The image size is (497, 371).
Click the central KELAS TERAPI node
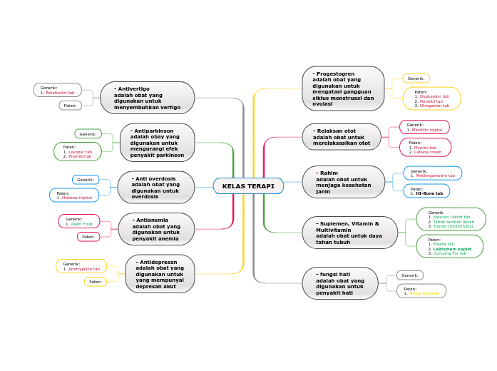pyautogui.click(x=248, y=186)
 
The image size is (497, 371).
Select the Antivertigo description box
pyautogui.click(x=147, y=98)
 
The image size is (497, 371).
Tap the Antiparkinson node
pyautogui.click(x=157, y=143)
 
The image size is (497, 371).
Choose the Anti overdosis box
pyautogui.click(x=155, y=187)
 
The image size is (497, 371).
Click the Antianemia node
pyautogui.click(x=155, y=229)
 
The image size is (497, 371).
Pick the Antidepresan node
pyautogui.click(x=160, y=274)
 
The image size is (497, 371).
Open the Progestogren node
pyautogui.click(x=343, y=88)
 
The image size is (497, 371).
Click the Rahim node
pyautogui.click(x=343, y=182)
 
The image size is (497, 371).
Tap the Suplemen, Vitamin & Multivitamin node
pyautogui.click(x=349, y=233)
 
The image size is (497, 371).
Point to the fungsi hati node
pyautogui.click(x=340, y=283)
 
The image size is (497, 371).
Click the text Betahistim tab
pyautogui.click(x=60, y=93)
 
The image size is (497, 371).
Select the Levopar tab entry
pyautogui.click(x=80, y=152)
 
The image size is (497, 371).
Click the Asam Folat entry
pyautogui.click(x=81, y=224)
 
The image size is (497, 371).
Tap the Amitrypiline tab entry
pyautogui.click(x=83, y=269)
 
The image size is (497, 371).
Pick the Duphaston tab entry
pyautogui.click(x=434, y=96)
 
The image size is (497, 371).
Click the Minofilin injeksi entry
pyautogui.click(x=428, y=130)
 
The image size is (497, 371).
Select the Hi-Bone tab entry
pyautogui.click(x=429, y=193)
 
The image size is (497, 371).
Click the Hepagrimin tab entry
pyautogui.click(x=424, y=293)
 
